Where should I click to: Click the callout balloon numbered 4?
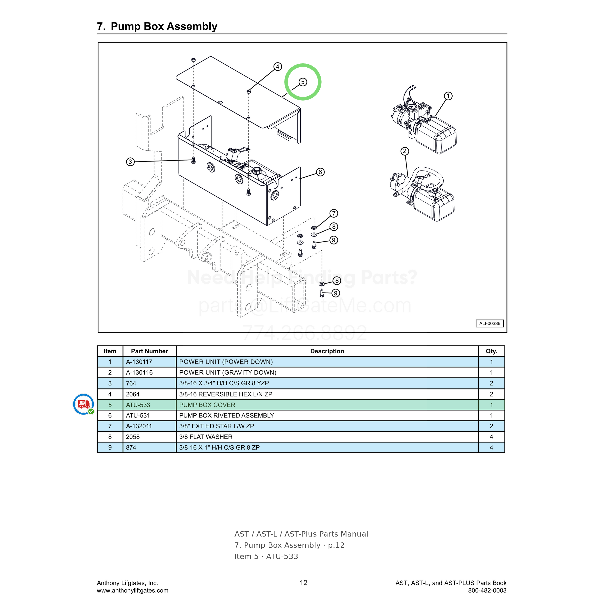pos(277,67)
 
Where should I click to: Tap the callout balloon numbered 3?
pos(130,162)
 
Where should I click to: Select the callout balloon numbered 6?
pos(320,172)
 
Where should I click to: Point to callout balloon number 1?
pos(448,96)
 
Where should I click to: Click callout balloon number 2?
pos(405,151)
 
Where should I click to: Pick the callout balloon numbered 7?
pos(334,213)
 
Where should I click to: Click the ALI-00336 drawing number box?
pos(490,323)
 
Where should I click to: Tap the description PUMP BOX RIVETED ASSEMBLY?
pos(226,416)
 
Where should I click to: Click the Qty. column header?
pos(491,351)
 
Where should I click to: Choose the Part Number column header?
pos(149,351)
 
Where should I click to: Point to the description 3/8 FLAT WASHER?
pos(206,437)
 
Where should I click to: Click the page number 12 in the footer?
pos(304,582)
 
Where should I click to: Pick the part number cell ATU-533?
pos(138,405)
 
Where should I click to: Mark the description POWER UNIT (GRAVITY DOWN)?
pos(228,373)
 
